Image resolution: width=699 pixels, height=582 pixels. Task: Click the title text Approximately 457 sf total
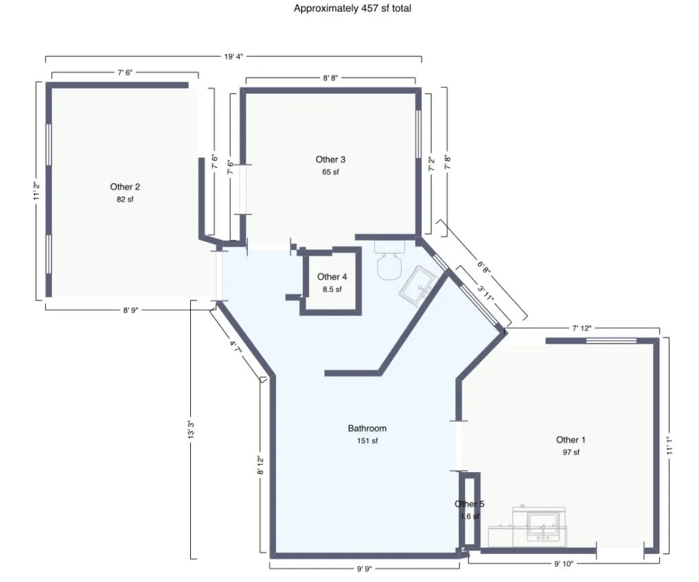click(352, 9)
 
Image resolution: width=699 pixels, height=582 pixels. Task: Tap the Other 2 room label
click(125, 187)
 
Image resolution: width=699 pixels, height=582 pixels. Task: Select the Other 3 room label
click(331, 159)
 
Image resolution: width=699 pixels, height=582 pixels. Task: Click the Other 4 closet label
click(332, 277)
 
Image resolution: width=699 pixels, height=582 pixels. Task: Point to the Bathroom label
click(367, 428)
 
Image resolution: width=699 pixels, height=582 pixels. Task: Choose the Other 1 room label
click(571, 440)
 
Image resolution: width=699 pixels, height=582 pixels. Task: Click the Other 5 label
click(469, 504)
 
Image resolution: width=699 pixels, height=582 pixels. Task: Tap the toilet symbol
click(389, 262)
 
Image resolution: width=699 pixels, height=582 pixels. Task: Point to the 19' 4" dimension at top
click(233, 57)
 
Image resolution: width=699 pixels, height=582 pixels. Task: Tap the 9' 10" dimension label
click(564, 564)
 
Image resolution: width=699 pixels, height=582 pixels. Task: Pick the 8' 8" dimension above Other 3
click(330, 78)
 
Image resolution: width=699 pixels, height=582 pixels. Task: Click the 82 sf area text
click(125, 200)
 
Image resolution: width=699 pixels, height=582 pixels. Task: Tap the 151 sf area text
click(367, 441)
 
